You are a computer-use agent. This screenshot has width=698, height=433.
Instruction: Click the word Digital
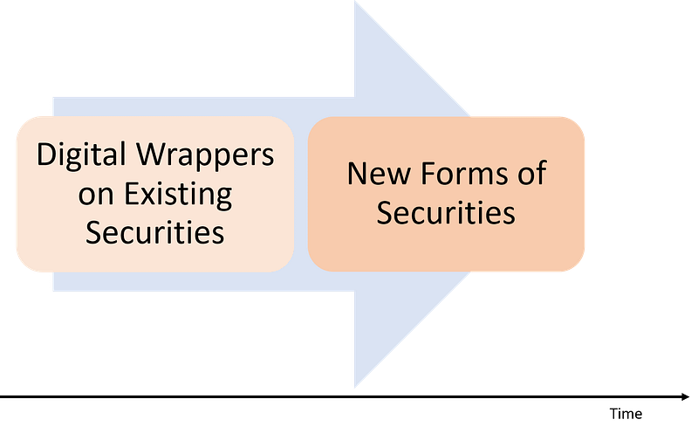(81, 155)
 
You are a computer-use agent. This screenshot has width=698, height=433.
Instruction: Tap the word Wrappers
(205, 156)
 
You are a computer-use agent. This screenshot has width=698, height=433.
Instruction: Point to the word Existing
(178, 195)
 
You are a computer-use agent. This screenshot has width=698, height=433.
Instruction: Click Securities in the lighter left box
(155, 232)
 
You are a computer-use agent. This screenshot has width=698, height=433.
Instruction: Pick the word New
(379, 173)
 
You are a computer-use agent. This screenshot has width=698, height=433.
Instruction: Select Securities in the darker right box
(446, 212)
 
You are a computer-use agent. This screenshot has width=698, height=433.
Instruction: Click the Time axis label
(626, 414)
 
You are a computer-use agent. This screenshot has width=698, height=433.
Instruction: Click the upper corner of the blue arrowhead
(355, 2)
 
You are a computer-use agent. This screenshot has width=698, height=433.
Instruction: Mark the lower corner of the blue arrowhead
(355, 388)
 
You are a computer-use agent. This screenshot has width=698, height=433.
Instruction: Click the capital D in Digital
(46, 155)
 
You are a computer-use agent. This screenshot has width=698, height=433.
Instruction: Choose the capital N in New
(358, 173)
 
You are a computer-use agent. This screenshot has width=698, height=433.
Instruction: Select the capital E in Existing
(132, 194)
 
